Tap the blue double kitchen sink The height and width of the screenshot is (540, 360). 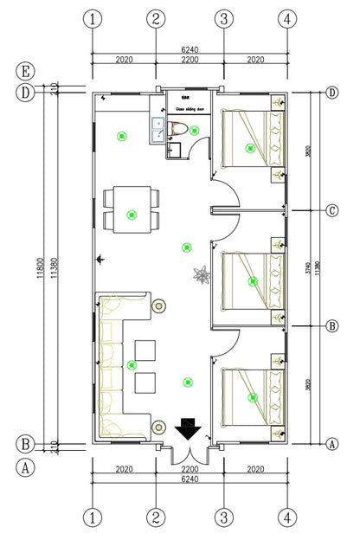158,130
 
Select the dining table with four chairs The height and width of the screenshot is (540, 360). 131,209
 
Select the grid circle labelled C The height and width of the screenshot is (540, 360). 331,210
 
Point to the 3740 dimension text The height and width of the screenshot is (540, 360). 307,268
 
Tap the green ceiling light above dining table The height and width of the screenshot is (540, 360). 131,214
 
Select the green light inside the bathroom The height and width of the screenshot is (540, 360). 195,131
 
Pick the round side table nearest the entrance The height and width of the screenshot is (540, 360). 159,426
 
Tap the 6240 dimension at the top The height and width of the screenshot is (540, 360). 188,50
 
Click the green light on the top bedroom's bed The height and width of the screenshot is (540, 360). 250,148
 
